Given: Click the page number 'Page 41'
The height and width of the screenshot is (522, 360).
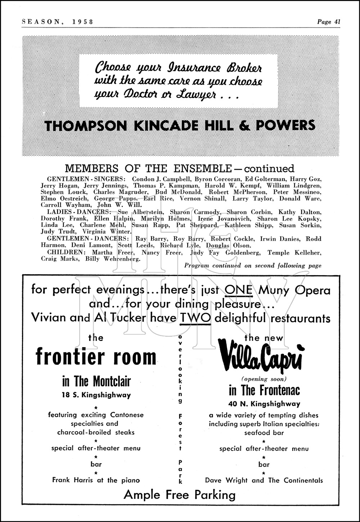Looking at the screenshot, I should (329, 22).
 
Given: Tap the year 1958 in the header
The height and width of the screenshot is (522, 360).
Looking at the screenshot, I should (82, 22).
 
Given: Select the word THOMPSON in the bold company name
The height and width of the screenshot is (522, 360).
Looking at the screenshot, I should (85, 126).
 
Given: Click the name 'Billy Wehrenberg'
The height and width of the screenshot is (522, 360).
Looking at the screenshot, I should (116, 259).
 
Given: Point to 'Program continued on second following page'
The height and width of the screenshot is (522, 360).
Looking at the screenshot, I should (252, 265).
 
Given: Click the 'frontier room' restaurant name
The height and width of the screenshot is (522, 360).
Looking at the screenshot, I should (96, 357).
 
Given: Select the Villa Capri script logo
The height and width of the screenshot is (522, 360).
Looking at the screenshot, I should (264, 358).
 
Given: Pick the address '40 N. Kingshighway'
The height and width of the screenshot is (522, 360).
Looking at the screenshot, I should (264, 404).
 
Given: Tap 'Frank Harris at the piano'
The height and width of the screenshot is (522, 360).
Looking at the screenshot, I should (96, 480).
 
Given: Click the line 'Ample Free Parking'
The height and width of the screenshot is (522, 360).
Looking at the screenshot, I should (179, 495).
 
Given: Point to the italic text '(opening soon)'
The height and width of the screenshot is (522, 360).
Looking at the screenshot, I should (264, 379).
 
